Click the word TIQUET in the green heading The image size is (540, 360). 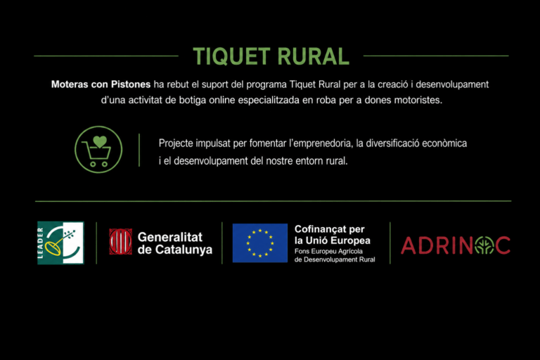(231, 56)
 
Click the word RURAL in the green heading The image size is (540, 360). (314, 56)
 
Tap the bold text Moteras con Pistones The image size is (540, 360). (101, 84)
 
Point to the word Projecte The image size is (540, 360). (176, 143)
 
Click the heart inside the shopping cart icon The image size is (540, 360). (100, 141)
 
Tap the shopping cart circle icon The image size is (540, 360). (98, 149)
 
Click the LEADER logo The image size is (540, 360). (60, 243)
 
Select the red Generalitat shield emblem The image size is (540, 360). (120, 241)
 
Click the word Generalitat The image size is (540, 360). (170, 237)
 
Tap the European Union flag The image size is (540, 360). (260, 243)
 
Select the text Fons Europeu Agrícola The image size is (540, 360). (328, 252)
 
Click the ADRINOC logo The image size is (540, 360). (456, 245)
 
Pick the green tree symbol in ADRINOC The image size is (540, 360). (484, 245)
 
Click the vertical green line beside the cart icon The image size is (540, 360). (139, 150)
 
